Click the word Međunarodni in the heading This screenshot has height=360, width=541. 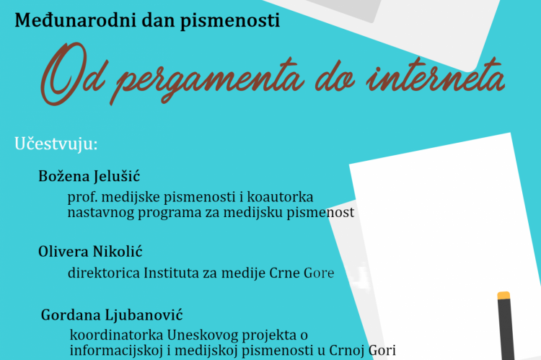click(75, 20)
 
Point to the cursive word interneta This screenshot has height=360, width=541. click(436, 76)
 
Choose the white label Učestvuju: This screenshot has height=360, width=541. click(56, 144)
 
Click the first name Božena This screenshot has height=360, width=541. click(63, 176)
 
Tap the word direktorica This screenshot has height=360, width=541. click(104, 273)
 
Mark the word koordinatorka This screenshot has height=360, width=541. click(117, 335)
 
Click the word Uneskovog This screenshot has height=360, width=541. click(203, 335)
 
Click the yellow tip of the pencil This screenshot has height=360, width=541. click(503, 296)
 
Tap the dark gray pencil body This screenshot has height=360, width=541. click(506, 329)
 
